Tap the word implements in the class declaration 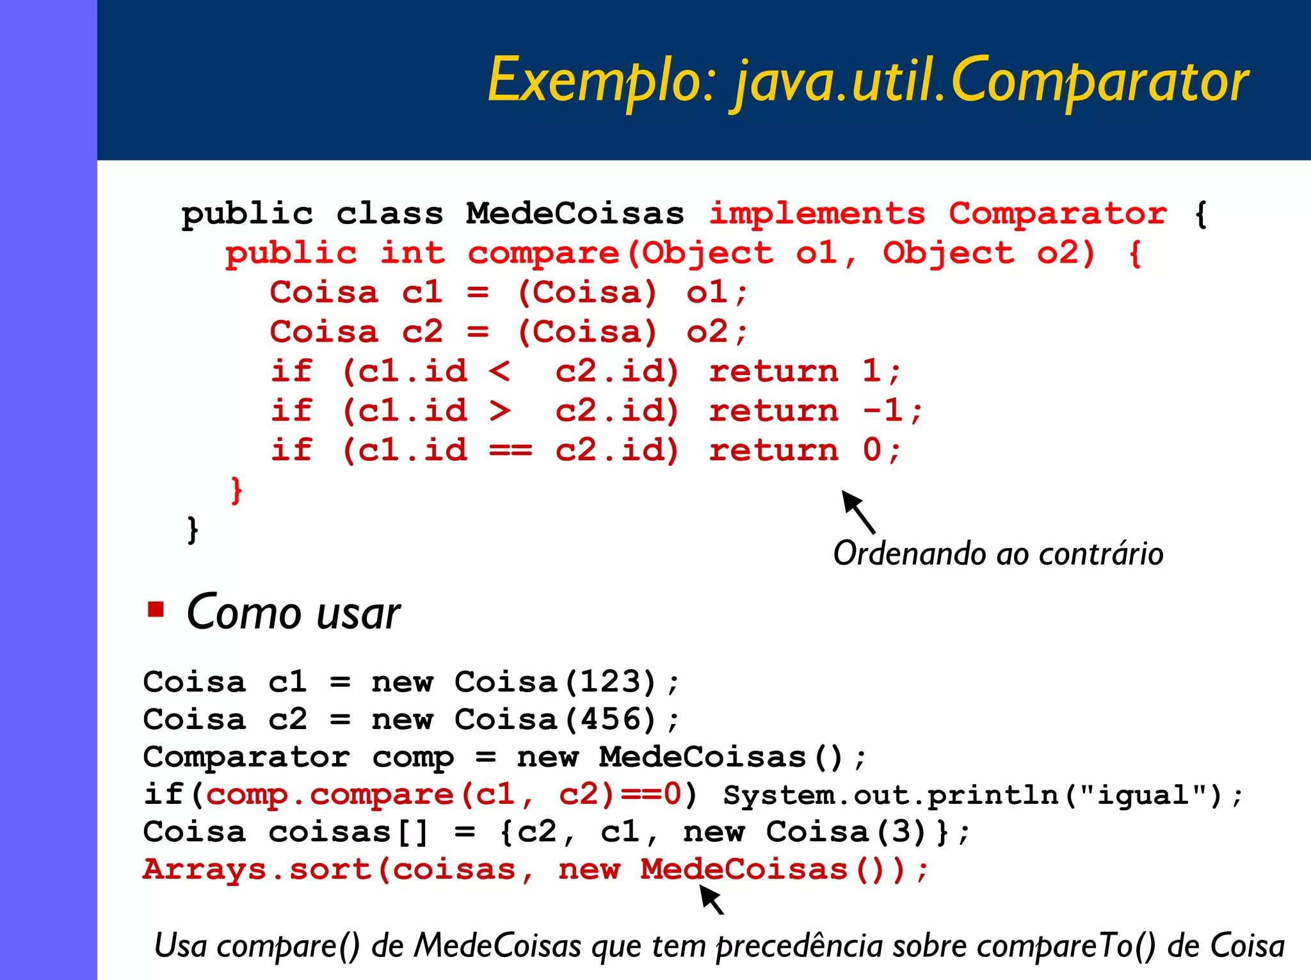817,214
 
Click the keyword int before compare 412,253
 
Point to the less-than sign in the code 499,371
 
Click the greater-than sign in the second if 499,411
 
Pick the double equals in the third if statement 510,451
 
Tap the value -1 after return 883,410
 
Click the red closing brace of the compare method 236,490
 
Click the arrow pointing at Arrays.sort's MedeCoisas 711,899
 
